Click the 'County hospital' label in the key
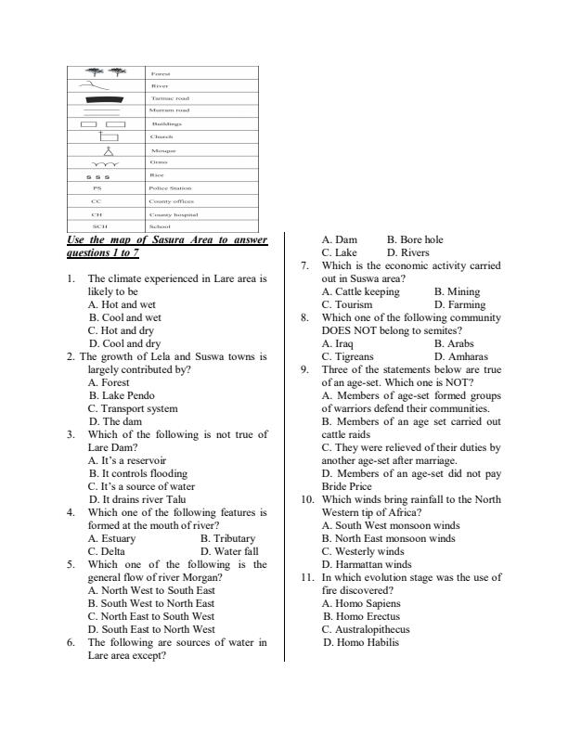coord(173,213)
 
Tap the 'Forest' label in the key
coord(161,72)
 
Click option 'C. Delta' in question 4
coord(110,550)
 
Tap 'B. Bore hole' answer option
coord(415,239)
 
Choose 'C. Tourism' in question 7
coord(347,303)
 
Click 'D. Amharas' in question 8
coord(461,355)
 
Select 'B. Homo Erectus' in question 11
coord(361,615)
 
